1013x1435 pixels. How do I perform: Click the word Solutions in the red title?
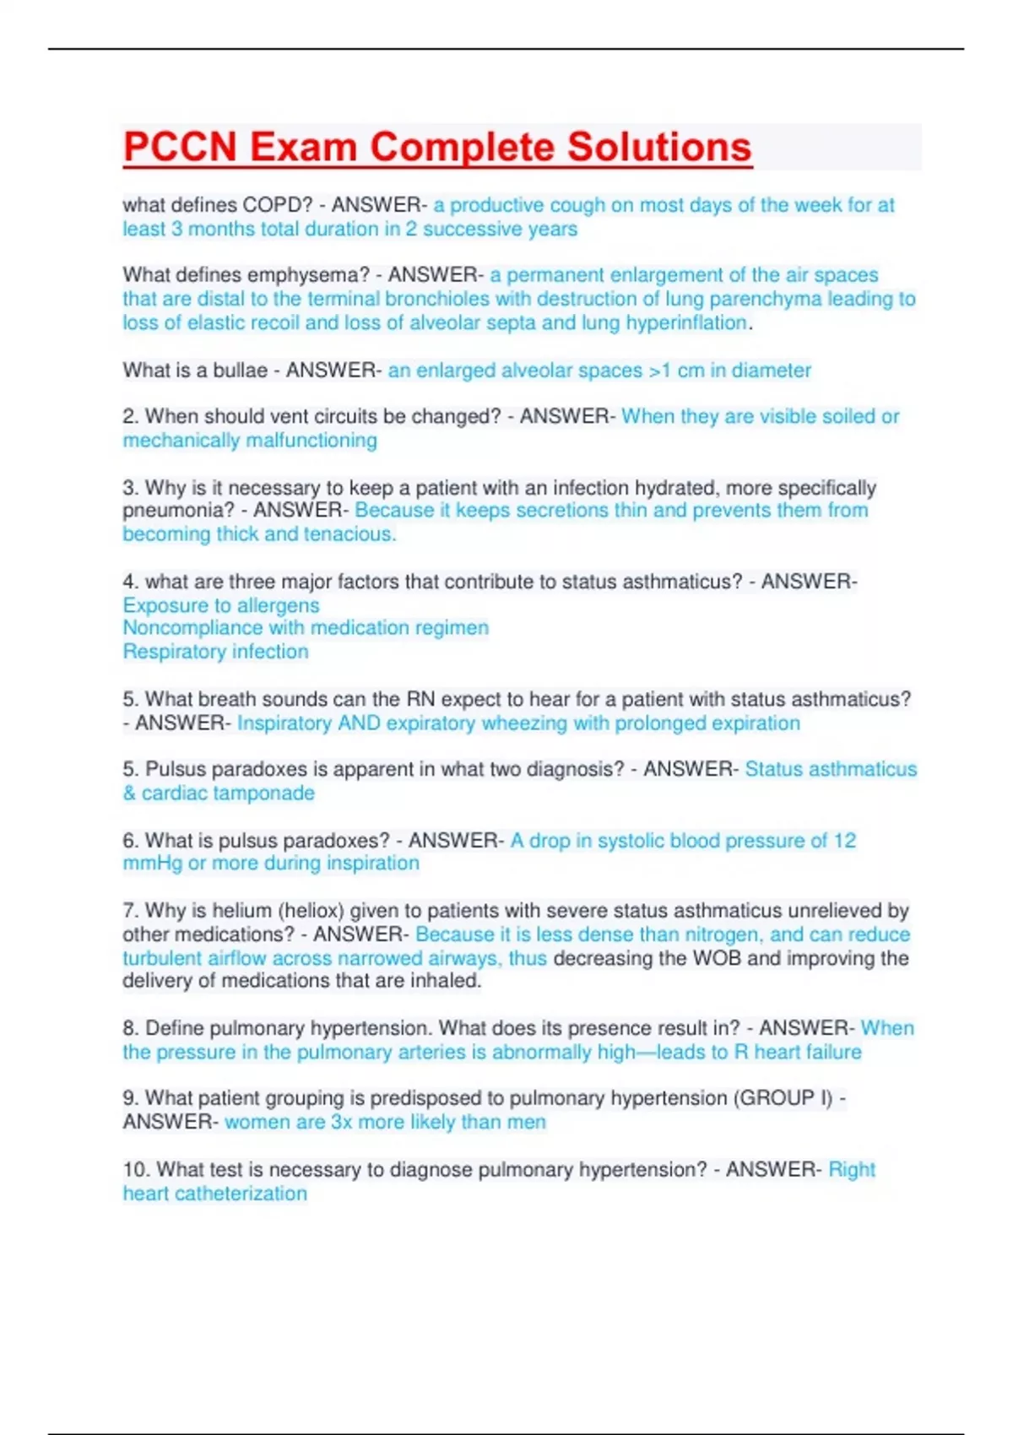tap(658, 147)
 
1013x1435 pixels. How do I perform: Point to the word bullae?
tap(239, 371)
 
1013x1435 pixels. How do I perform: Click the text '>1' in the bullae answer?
tap(660, 371)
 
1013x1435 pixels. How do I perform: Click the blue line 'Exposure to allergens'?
tap(221, 605)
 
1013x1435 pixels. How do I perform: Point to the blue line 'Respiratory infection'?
tap(215, 652)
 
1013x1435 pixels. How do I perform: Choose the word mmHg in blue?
tap(152, 864)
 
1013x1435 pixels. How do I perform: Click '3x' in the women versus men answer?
tap(341, 1123)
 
